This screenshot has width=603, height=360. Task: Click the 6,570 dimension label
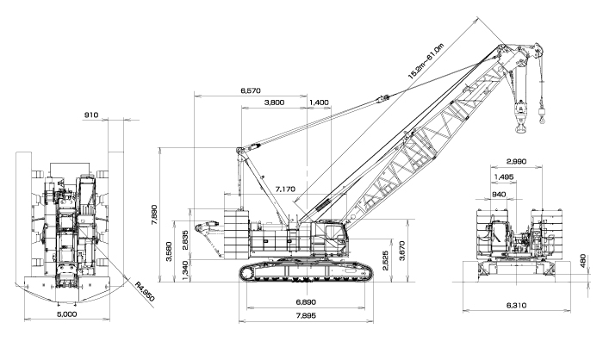[x=251, y=90]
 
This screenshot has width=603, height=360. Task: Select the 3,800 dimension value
[x=275, y=102]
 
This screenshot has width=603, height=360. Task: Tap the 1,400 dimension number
[x=320, y=102]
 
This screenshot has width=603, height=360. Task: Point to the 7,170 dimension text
[x=285, y=189]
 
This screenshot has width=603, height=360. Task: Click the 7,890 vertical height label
[x=154, y=214]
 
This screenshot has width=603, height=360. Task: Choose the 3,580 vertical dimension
[x=169, y=251]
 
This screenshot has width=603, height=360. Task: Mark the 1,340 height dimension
[x=185, y=270]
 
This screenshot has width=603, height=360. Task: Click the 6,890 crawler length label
[x=306, y=302]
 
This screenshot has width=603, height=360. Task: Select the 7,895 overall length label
[x=306, y=316]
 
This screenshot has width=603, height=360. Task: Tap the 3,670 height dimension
[x=402, y=251]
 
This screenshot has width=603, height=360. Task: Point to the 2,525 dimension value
[x=386, y=261]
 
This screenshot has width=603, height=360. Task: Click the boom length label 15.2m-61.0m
[x=426, y=61]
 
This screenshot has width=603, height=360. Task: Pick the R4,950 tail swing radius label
[x=145, y=292]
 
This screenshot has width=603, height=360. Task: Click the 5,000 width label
[x=67, y=314]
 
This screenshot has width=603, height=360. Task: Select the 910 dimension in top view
[x=91, y=115]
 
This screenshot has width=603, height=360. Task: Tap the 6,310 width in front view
[x=516, y=306]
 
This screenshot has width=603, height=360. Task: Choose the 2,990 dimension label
[x=516, y=162]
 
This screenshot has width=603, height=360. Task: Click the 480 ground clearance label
[x=582, y=261]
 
